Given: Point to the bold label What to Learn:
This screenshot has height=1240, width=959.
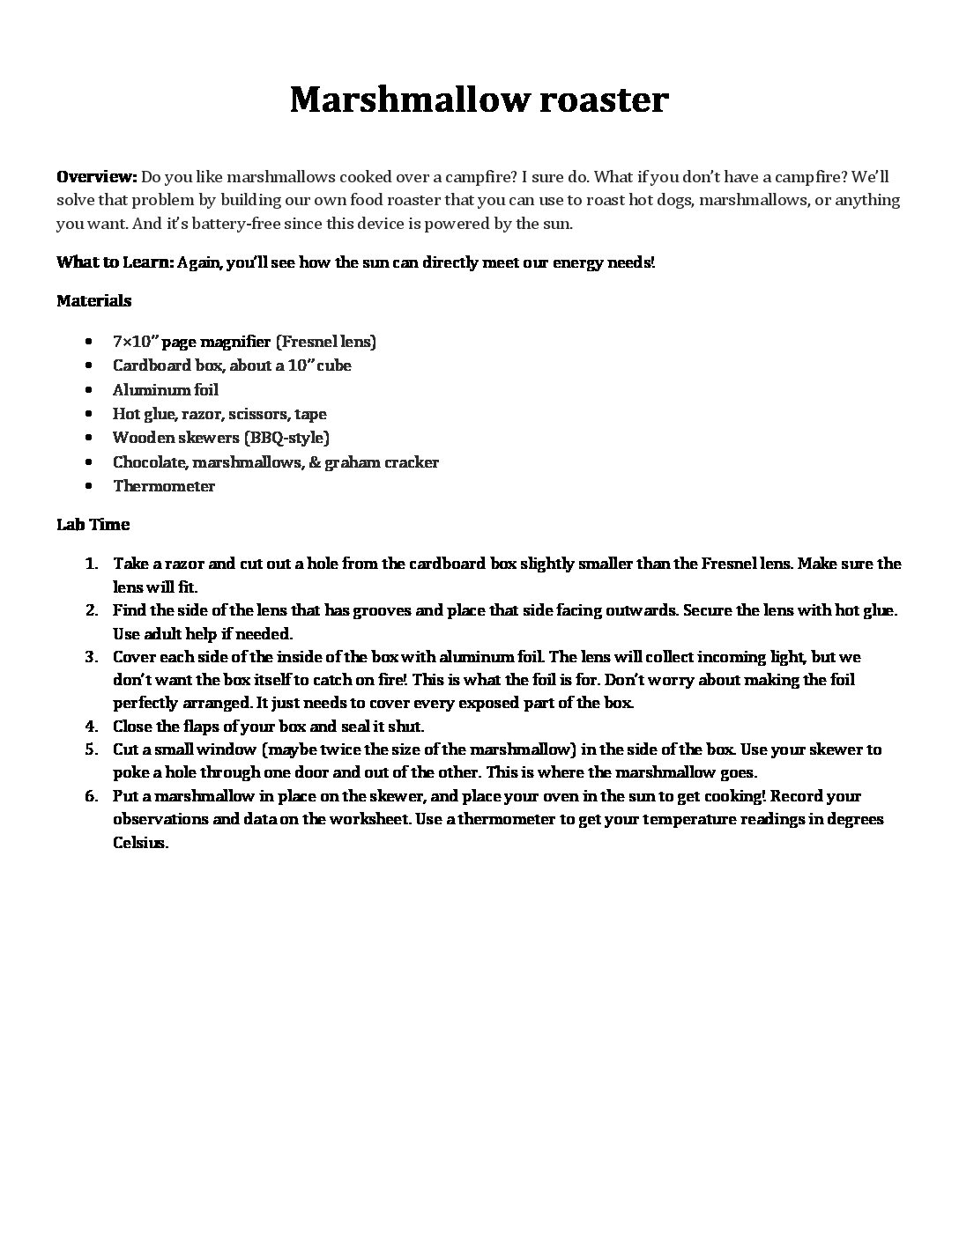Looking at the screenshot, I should point(115,262).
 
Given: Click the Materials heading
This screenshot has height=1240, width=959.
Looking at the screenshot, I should point(93,301).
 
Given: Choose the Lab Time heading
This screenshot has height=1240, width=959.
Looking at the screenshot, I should point(93,525).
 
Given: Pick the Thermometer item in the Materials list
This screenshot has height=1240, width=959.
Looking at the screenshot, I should point(163,486).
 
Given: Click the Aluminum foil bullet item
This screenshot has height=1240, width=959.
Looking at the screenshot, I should point(165,390).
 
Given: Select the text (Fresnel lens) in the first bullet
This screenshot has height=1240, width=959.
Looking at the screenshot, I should point(326,342).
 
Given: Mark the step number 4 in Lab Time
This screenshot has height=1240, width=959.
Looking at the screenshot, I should point(91,727).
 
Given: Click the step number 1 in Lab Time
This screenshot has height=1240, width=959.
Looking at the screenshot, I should point(91,564).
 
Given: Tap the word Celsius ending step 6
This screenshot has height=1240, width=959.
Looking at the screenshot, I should point(139,843).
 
